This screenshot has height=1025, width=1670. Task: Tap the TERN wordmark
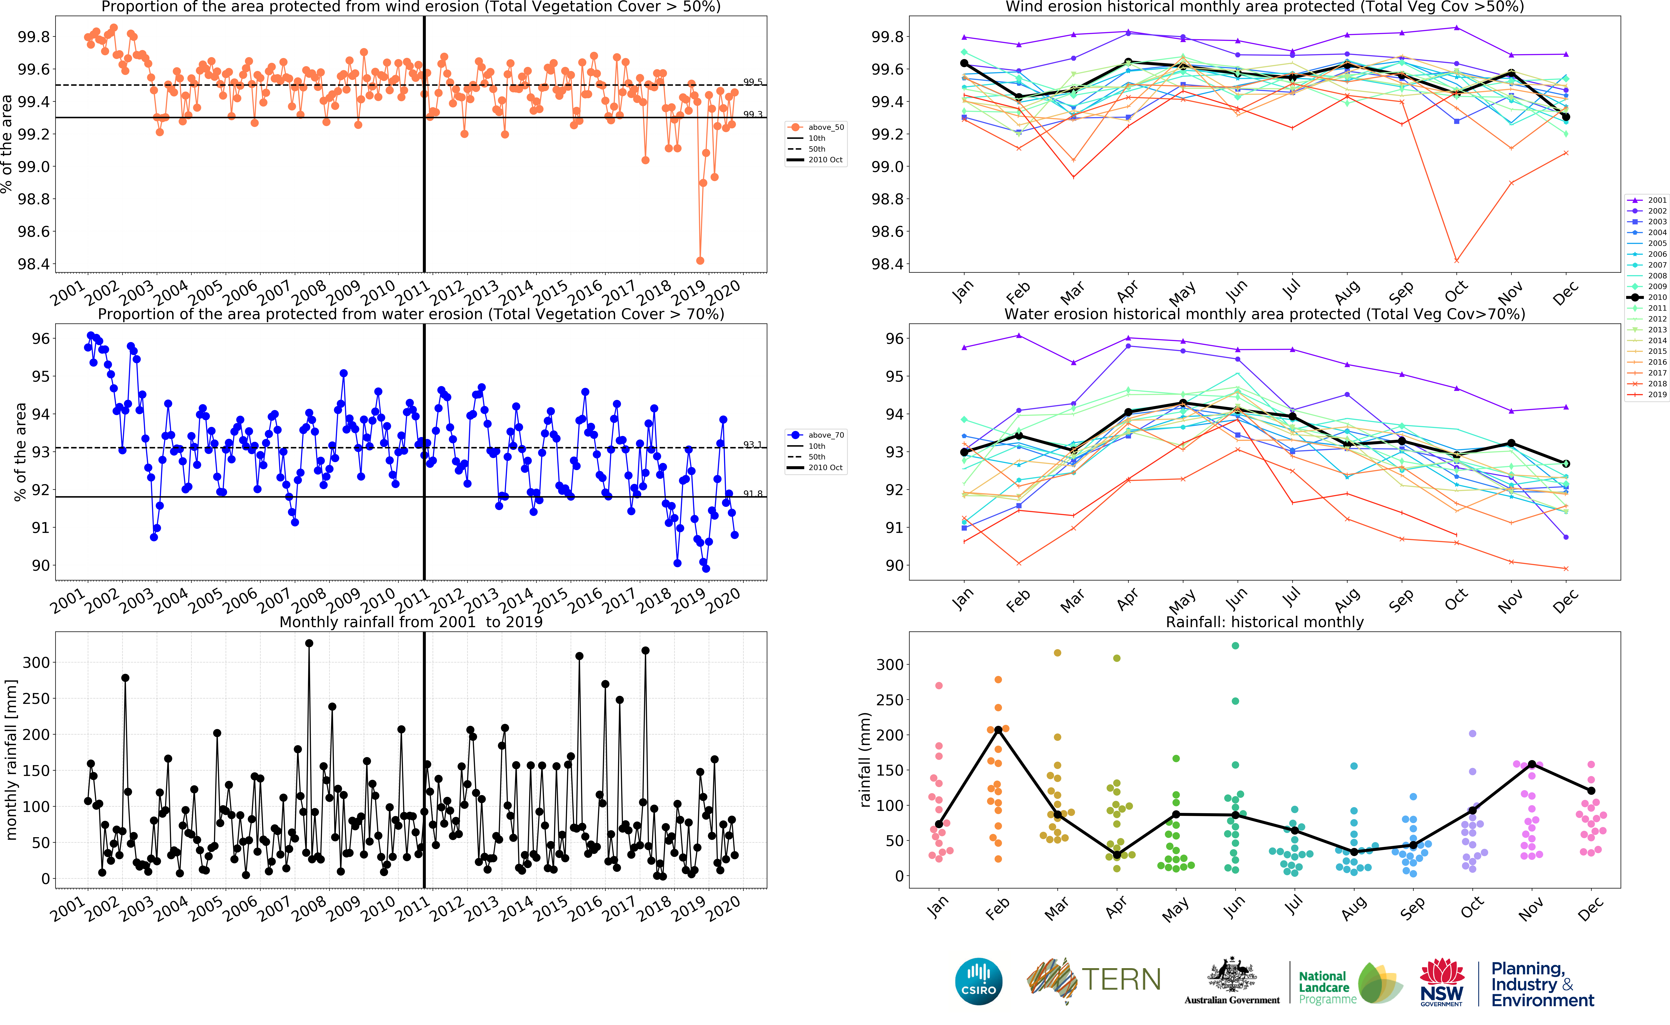1120,980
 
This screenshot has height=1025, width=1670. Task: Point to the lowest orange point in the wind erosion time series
700,260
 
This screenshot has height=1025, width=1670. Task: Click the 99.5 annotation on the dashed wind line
752,82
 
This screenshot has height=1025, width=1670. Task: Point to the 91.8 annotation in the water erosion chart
752,494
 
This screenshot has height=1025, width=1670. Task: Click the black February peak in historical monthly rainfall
998,729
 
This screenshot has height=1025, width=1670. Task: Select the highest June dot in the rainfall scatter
1235,645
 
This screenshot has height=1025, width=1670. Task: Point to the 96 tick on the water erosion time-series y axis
41,338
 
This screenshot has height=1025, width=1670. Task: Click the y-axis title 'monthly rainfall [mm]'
11,759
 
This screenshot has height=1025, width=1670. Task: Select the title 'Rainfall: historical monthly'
1264,622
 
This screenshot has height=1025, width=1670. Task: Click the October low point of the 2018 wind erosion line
1456,260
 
